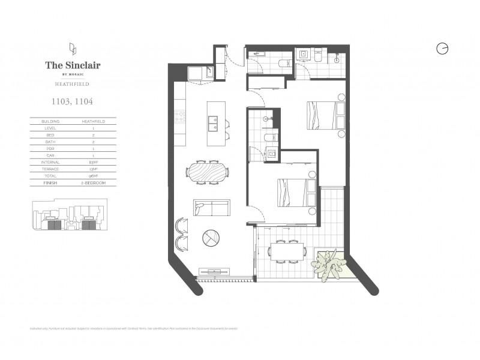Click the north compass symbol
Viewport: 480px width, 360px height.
[x=443, y=49]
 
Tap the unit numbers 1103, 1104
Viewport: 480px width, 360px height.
[x=73, y=103]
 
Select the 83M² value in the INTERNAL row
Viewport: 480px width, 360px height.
[x=94, y=162]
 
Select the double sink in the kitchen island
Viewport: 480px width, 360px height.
[x=213, y=124]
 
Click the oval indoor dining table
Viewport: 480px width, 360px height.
[x=208, y=170]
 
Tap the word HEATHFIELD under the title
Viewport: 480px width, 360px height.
[x=73, y=84]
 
